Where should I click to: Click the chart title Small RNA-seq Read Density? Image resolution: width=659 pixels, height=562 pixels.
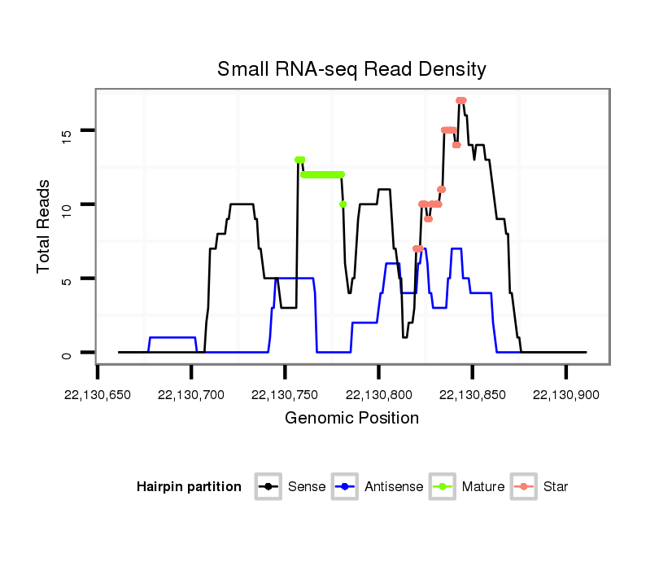351,69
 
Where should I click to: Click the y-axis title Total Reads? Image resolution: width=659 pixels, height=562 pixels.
46,226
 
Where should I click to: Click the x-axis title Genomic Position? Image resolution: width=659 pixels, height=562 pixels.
351,419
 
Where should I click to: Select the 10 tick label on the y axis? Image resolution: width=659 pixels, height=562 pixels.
67,204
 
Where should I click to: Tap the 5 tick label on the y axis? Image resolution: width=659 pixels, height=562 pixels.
67,279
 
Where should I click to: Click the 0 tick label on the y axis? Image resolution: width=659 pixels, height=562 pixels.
67,353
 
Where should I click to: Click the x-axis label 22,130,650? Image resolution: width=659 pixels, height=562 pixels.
98,395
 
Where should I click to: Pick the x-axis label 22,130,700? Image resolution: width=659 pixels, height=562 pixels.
191,395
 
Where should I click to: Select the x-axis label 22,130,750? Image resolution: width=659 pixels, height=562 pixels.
285,395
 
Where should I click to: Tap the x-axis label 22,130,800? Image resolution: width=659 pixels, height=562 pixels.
378,395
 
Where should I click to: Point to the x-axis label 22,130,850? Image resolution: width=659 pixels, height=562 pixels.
472,395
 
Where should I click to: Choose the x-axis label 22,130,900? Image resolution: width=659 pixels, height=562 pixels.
565,395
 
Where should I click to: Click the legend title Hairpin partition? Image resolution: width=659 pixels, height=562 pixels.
189,487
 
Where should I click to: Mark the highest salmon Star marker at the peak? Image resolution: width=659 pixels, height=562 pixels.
461,100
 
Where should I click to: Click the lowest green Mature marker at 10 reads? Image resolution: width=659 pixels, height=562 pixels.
343,204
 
